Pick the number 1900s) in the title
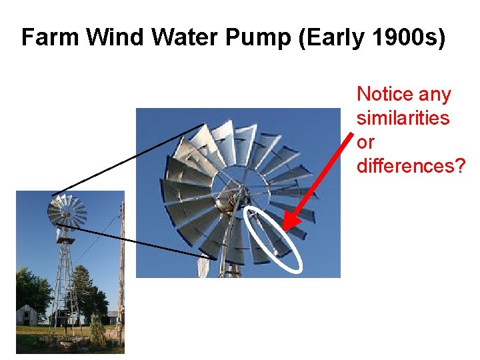[408, 38]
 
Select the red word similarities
[403, 119]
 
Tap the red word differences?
[411, 166]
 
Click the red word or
[365, 143]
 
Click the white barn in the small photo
[29, 315]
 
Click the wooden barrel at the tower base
[67, 344]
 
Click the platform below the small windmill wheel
[65, 239]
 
